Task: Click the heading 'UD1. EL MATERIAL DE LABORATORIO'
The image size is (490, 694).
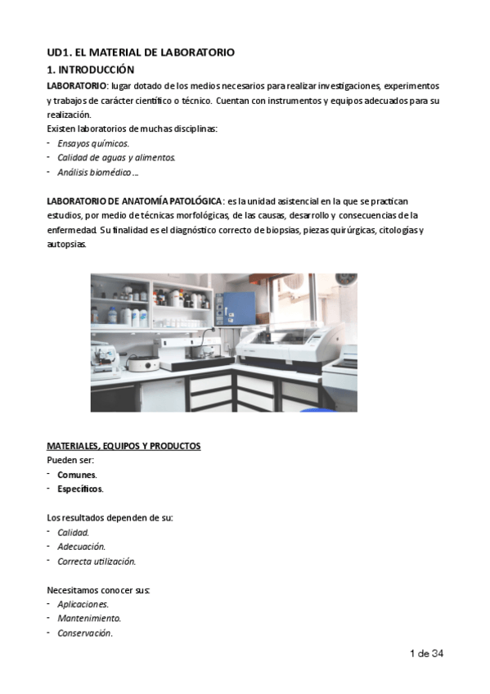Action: [141, 52]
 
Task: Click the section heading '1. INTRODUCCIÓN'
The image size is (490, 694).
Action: [91, 70]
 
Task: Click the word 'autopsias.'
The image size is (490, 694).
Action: [66, 245]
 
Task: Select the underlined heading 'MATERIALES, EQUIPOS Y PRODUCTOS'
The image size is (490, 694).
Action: [124, 446]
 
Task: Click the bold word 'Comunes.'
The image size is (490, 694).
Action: [77, 475]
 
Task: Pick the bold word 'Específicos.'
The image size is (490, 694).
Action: [80, 489]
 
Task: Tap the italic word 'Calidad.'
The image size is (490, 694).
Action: [74, 532]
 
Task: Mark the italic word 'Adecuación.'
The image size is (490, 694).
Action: [81, 547]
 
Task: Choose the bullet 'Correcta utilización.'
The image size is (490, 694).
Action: [97, 561]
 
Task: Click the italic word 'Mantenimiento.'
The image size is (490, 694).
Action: [89, 619]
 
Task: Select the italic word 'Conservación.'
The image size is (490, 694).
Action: [85, 633]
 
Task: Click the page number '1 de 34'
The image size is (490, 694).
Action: [426, 654]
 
